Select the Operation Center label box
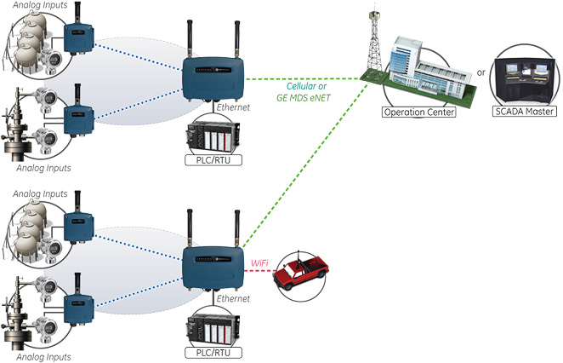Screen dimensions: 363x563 (x=416, y=111)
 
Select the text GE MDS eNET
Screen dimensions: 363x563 (x=303, y=98)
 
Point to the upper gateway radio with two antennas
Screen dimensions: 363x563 (x=213, y=74)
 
